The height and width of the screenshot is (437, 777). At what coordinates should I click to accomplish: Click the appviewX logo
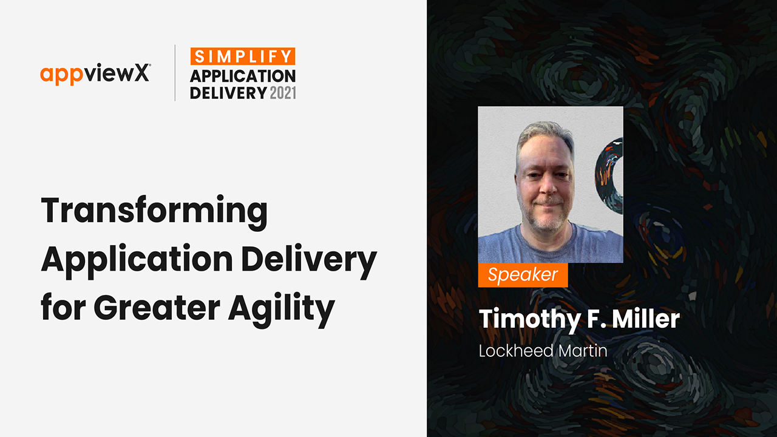95,74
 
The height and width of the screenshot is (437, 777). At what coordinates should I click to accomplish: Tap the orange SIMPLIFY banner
243,56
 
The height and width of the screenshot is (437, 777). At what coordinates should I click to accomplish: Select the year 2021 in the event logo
283,93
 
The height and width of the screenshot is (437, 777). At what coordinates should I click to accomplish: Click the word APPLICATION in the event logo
243,76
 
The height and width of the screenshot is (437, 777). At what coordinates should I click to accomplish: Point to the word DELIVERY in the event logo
228,93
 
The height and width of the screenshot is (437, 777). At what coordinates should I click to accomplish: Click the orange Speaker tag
523,275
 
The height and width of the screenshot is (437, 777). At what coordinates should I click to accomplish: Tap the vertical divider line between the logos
175,73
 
